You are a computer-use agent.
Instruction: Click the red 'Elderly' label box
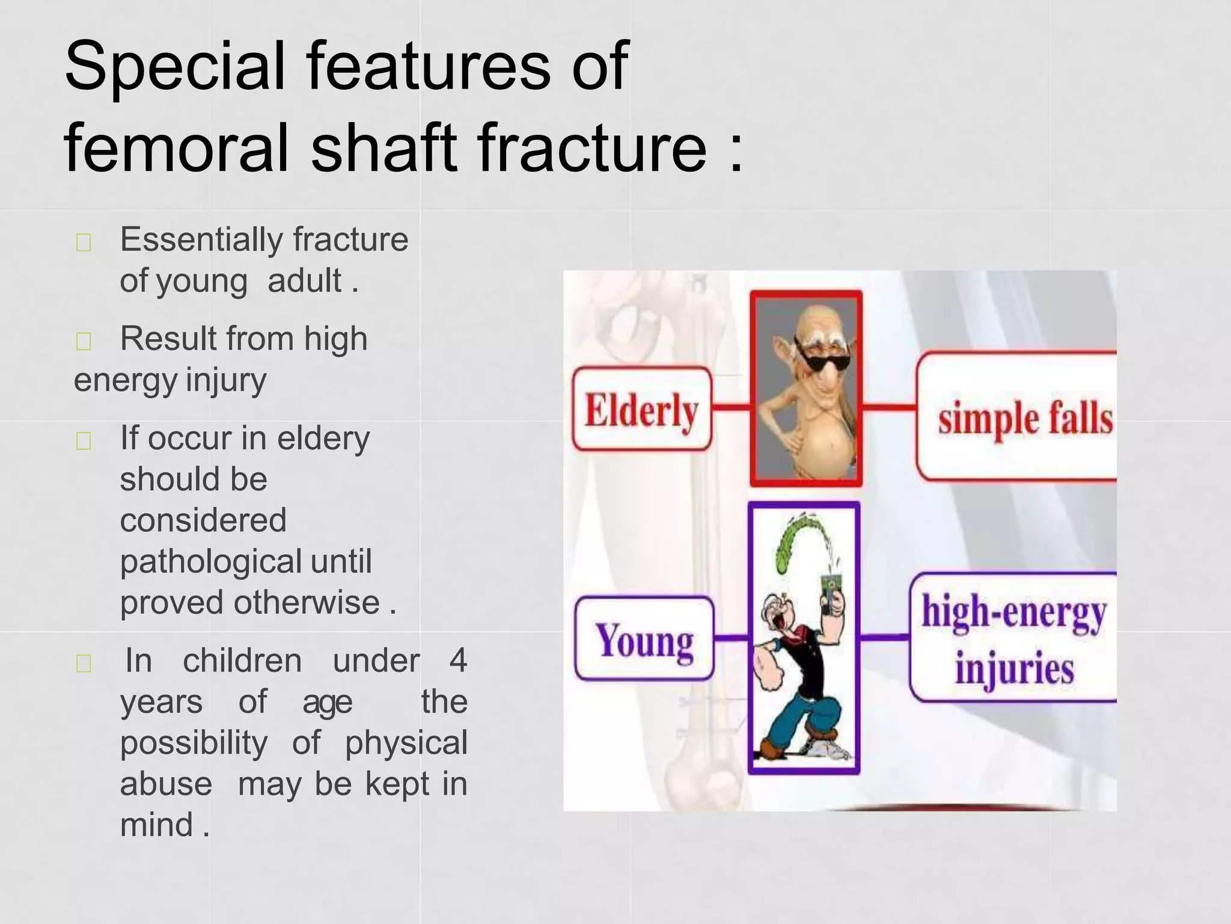641,409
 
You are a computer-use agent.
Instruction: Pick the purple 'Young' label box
644,639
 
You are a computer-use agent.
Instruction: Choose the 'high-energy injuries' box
1013,638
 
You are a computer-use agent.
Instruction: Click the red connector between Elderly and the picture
731,407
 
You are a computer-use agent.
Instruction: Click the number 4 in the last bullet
458,661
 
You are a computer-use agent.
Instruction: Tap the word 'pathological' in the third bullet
210,562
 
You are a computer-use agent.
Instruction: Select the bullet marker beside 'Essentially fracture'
84,242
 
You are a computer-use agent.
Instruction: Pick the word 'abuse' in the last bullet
166,784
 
